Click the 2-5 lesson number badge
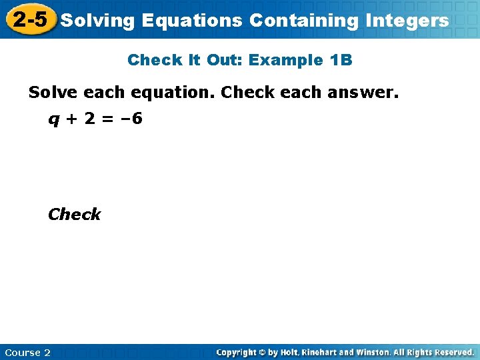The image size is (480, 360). (30, 19)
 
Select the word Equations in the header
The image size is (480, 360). (192, 21)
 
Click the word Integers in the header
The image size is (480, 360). (407, 21)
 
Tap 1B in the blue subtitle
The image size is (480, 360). (341, 60)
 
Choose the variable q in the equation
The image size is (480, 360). (52, 121)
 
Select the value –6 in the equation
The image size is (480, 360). (131, 120)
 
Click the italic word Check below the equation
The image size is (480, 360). (74, 214)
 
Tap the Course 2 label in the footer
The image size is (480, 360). (27, 352)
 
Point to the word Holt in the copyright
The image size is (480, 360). (291, 352)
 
